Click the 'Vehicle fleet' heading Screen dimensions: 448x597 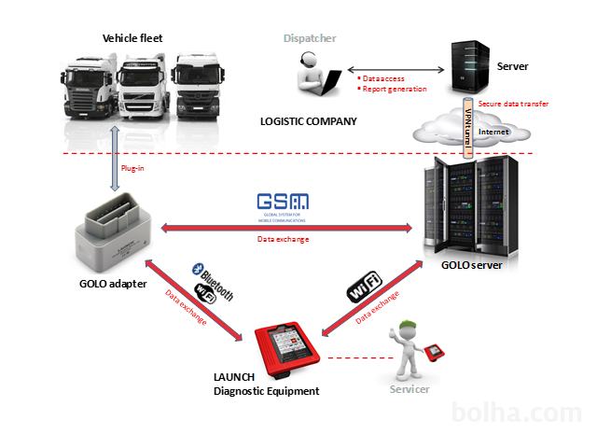pyautogui.click(x=132, y=38)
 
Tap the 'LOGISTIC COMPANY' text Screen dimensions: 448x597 pyautogui.click(x=308, y=121)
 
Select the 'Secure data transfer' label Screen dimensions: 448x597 pyautogui.click(x=511, y=104)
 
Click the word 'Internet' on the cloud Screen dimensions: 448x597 pyautogui.click(x=495, y=133)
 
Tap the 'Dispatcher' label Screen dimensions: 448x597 pyautogui.click(x=310, y=38)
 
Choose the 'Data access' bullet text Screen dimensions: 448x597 pyautogui.click(x=384, y=78)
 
